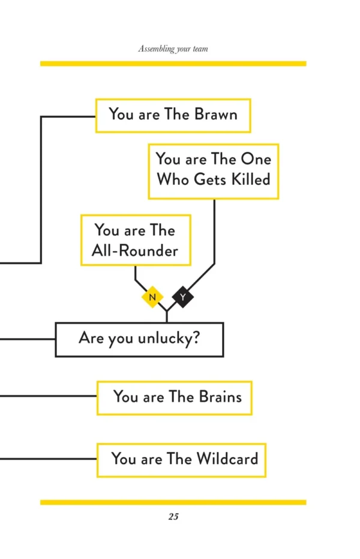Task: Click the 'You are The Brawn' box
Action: click(x=173, y=115)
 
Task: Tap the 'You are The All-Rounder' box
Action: click(x=136, y=240)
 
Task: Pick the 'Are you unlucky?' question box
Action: click(x=139, y=339)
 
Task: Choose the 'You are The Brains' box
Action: click(x=174, y=397)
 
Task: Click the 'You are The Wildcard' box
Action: click(x=181, y=460)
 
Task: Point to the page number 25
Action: click(x=173, y=516)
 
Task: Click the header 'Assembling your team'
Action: click(x=173, y=49)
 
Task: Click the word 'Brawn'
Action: click(x=215, y=115)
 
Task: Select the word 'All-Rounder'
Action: click(x=135, y=251)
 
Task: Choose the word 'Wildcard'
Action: click(x=227, y=459)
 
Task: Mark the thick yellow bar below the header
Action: click(x=173, y=63)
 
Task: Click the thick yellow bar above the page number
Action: click(x=173, y=502)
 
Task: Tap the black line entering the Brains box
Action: click(x=48, y=396)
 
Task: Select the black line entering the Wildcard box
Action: click(x=48, y=459)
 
